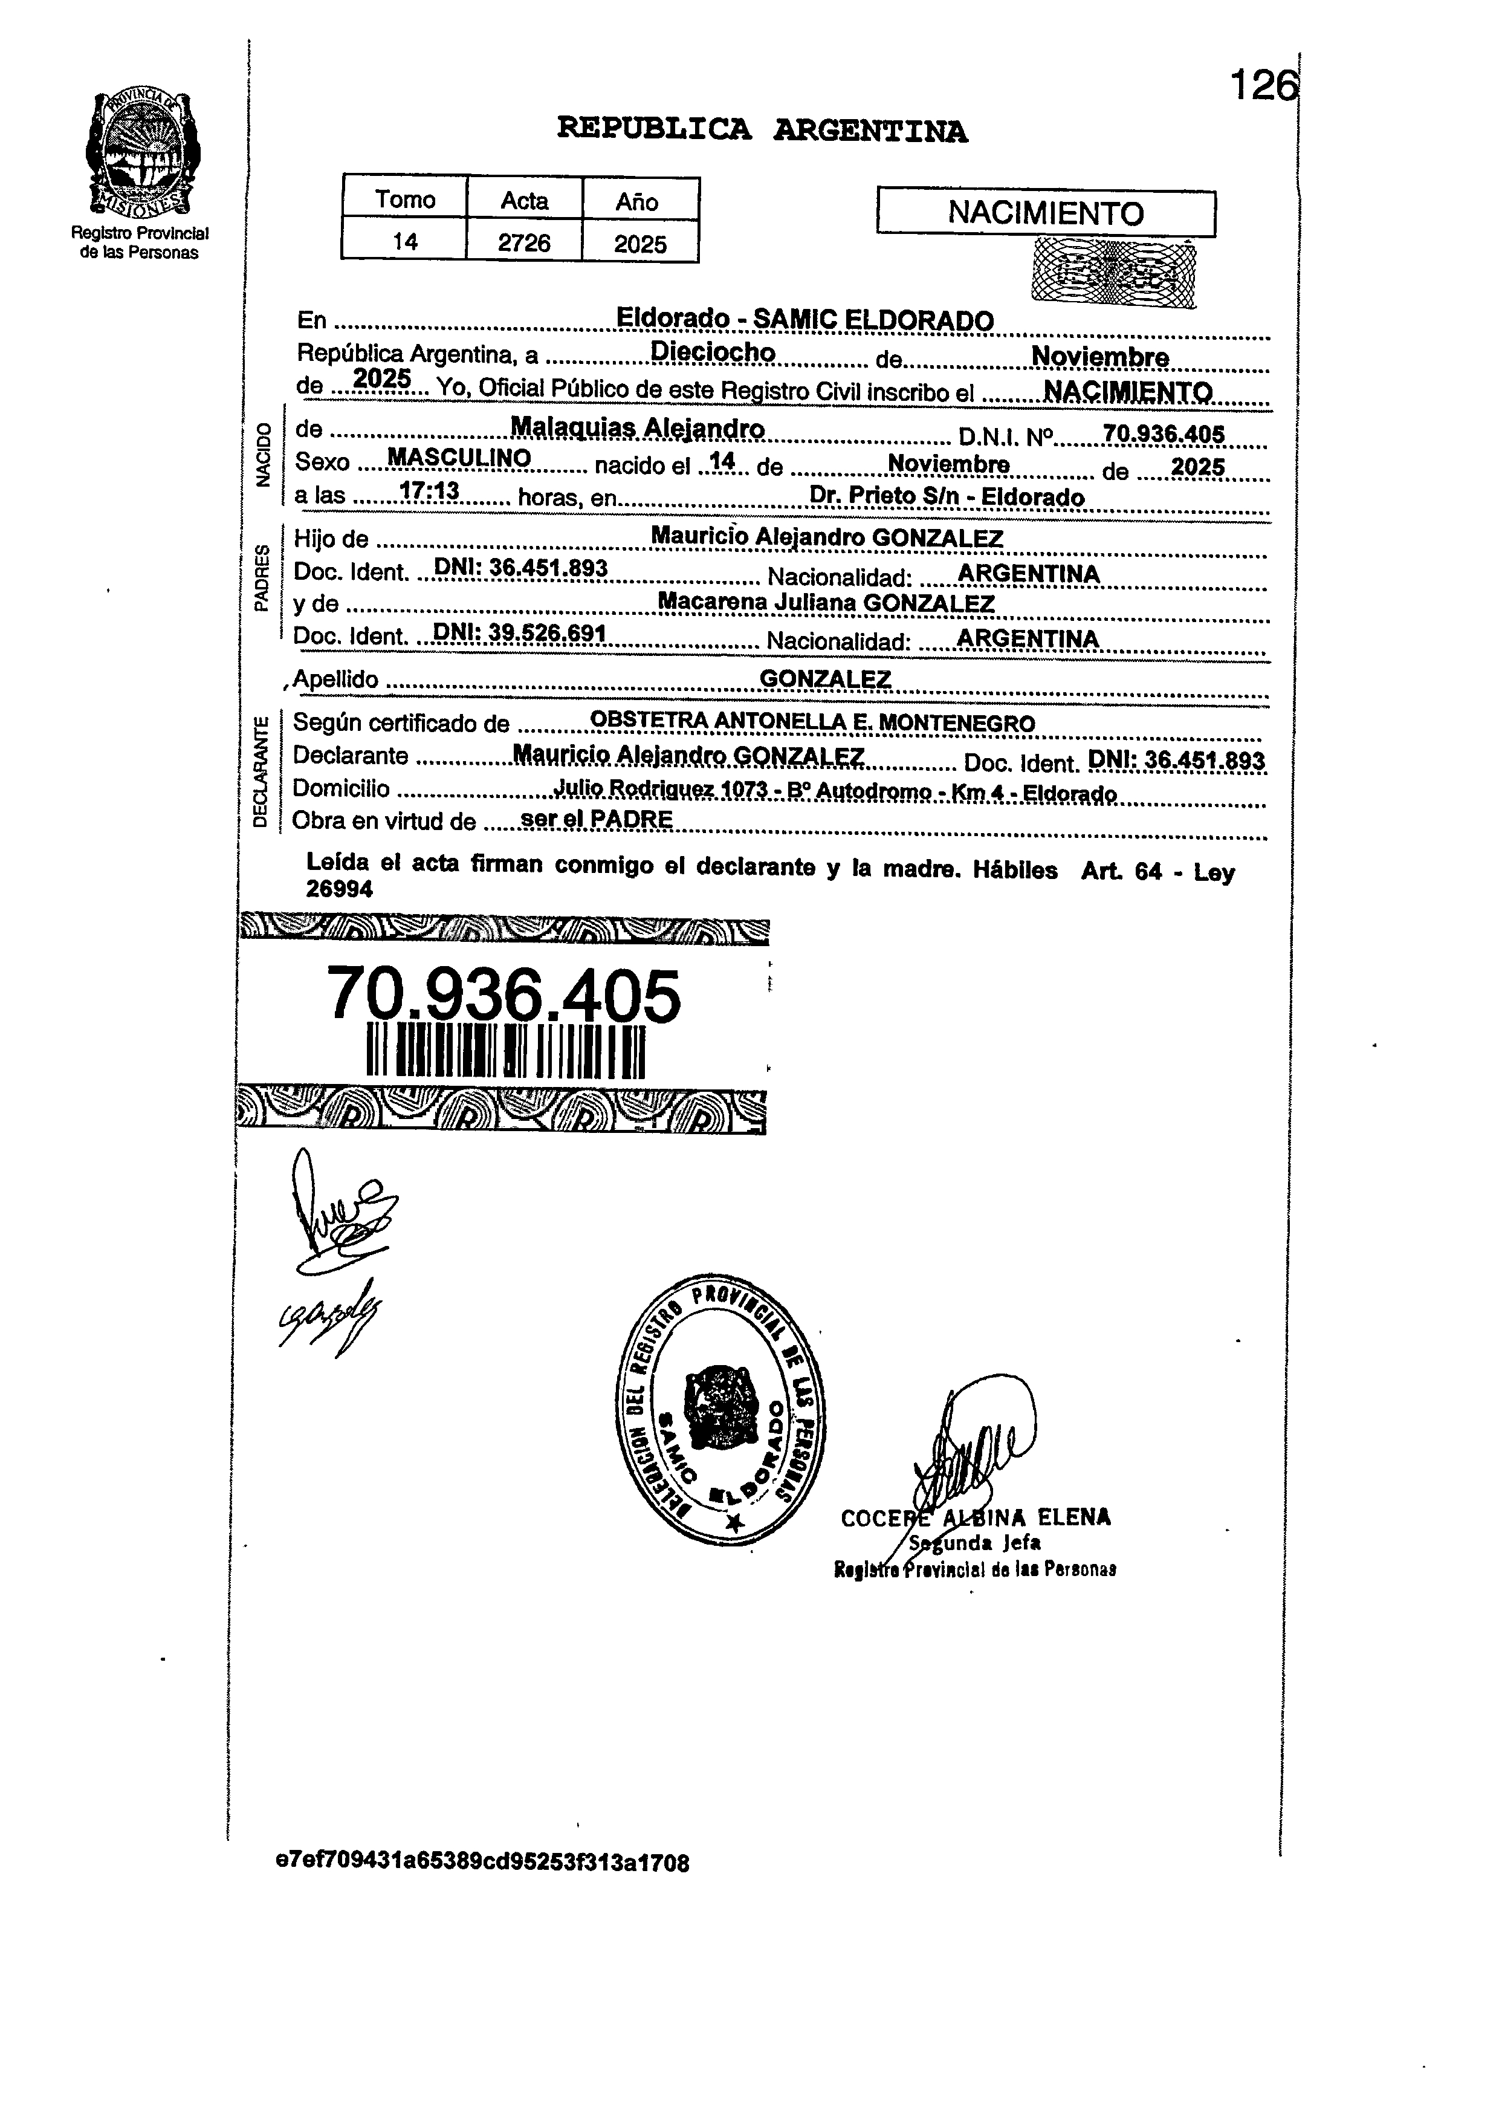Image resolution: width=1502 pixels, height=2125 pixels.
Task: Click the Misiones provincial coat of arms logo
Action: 143,153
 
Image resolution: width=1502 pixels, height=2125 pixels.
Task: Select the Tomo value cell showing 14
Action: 404,242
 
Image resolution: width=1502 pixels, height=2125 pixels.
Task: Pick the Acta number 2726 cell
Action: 524,242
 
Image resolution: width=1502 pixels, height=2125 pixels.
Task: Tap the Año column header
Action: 638,201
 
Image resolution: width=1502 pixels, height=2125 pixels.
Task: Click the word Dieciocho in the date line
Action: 713,352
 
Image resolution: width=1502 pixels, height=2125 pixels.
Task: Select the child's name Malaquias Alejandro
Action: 638,429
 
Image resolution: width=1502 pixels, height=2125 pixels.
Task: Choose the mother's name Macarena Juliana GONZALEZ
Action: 826,603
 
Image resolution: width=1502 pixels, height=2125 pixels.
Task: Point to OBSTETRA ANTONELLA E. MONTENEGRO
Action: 812,721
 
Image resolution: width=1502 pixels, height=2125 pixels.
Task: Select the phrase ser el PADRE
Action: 597,819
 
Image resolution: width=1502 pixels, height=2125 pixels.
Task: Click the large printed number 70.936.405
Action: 504,996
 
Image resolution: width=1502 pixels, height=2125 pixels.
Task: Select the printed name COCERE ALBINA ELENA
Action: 976,1518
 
